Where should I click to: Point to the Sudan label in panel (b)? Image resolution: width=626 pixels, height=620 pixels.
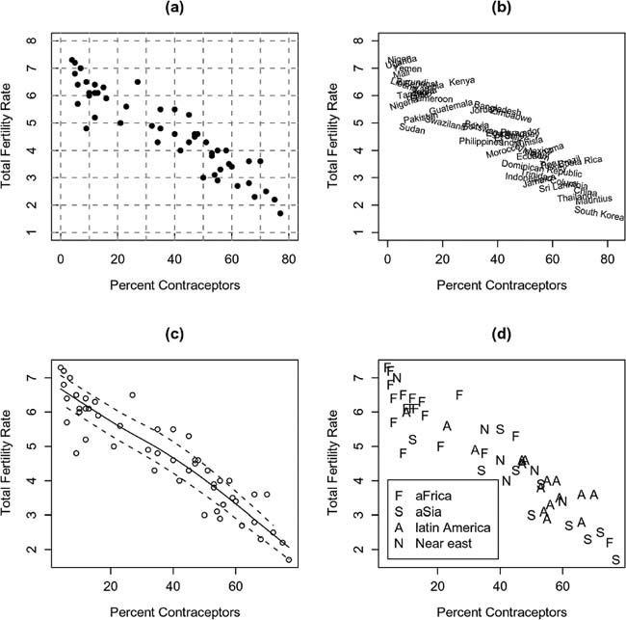pyautogui.click(x=411, y=128)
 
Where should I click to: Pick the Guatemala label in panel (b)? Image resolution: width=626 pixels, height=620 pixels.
pyautogui.click(x=450, y=106)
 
